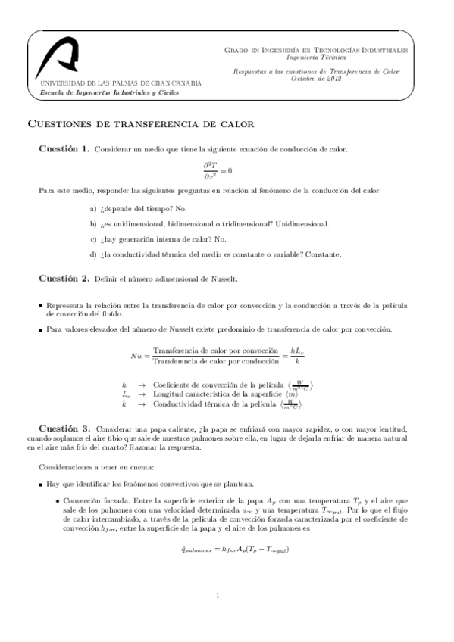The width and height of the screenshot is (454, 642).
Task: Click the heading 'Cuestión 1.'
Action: (64, 150)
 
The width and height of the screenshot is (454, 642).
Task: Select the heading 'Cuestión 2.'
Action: (64, 279)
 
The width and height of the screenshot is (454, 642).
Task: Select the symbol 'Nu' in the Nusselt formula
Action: (136, 354)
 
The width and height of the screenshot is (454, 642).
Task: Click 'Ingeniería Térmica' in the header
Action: (316, 57)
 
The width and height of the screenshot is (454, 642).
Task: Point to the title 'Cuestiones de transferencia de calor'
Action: (140, 123)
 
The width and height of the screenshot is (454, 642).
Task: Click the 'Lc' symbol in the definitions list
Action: (127, 394)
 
